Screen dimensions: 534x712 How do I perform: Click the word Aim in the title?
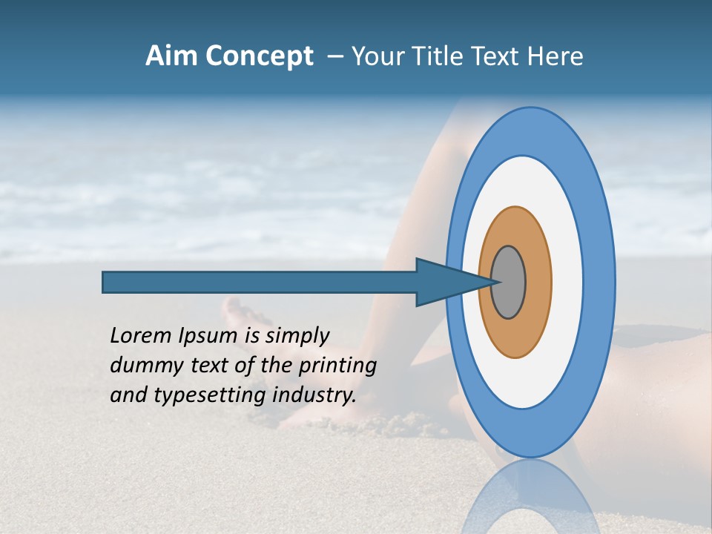(x=172, y=56)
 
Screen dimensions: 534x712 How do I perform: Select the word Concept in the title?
(x=258, y=56)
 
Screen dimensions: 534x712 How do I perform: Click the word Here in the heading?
(x=555, y=56)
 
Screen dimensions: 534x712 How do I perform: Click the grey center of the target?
(x=508, y=282)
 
